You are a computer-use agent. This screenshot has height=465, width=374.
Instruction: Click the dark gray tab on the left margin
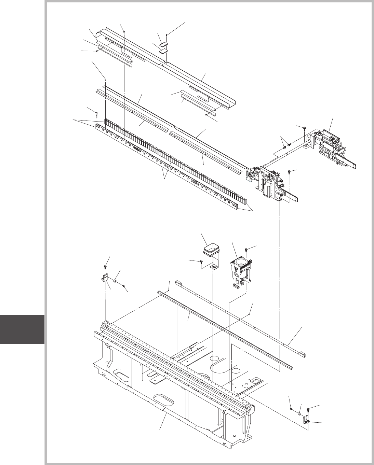(22, 329)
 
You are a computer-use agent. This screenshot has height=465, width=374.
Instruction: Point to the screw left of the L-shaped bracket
(201, 262)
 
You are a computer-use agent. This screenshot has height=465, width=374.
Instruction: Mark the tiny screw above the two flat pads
(166, 34)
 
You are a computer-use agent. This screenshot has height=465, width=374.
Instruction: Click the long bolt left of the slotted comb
(97, 114)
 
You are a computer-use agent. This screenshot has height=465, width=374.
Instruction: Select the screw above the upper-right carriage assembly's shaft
(304, 127)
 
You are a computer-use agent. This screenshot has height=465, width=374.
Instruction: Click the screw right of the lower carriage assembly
(290, 171)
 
